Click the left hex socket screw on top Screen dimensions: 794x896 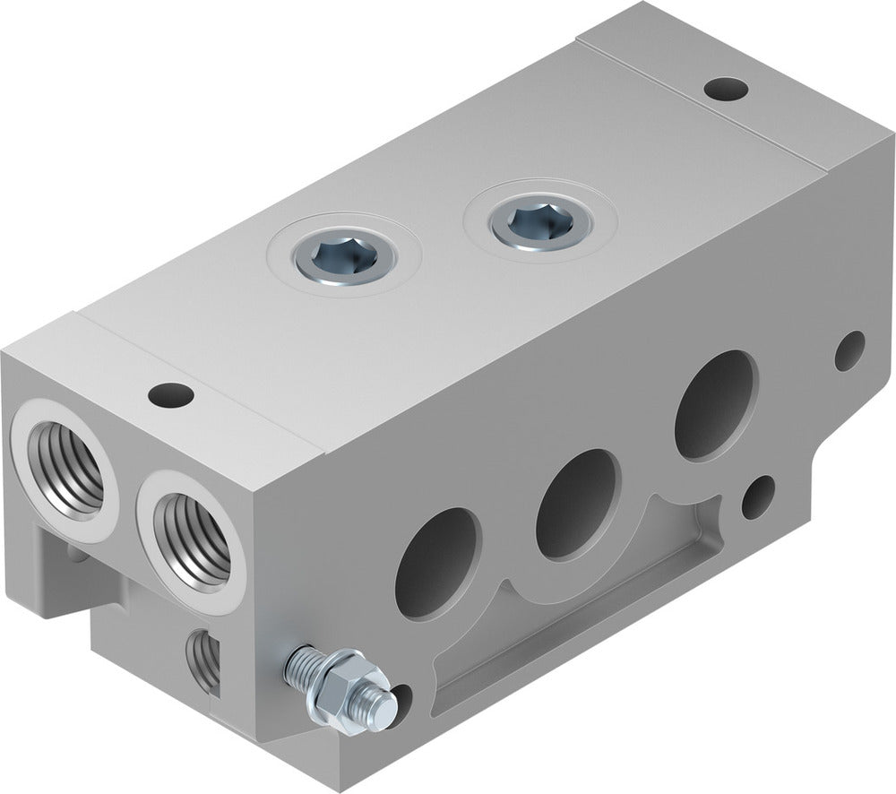coord(344,259)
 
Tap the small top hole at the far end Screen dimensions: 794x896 coord(725,89)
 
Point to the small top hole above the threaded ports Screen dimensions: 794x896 coord(170,393)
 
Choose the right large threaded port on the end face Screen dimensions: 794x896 coord(192,540)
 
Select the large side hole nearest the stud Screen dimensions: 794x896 coord(438,563)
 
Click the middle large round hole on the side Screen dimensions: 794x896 coord(578,503)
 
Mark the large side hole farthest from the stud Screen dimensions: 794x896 coord(716,404)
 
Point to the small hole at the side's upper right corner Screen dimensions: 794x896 coord(849,350)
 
